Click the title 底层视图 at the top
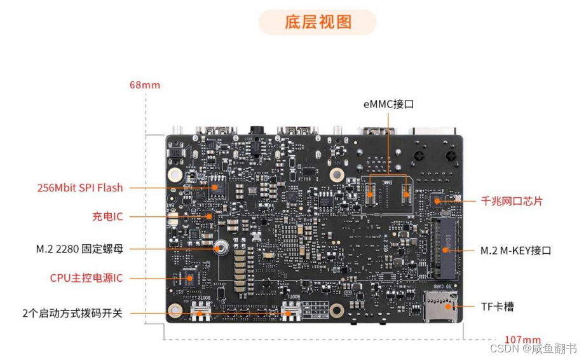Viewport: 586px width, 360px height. click(317, 22)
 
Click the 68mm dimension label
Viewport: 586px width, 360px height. click(144, 85)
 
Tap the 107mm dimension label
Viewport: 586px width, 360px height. click(522, 340)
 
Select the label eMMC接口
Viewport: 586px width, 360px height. click(388, 104)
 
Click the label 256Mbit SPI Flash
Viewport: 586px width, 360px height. click(79, 188)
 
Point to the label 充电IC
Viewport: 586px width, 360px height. click(107, 216)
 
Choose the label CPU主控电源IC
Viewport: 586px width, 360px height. click(86, 278)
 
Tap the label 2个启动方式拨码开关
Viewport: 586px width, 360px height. click(72, 313)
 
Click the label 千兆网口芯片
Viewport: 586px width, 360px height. click(512, 201)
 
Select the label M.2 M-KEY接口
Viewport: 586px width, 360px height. click(515, 250)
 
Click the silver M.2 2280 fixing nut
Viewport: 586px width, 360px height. click(222, 249)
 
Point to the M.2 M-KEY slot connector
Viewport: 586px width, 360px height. click(444, 249)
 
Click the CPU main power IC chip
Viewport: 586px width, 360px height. click(188, 278)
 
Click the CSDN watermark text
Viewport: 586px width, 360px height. click(533, 349)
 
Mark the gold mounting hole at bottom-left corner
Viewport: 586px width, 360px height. click(175, 311)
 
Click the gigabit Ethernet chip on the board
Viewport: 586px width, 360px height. click(437, 201)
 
